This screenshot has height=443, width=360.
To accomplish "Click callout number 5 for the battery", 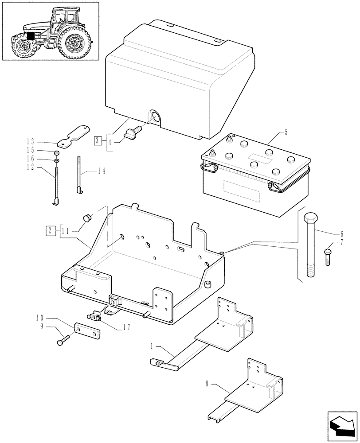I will pos(286,132).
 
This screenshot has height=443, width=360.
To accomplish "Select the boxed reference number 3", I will pos(98,141).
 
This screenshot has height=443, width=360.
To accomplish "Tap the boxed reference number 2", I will pos(51,230).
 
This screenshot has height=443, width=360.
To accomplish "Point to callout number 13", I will pos(30,141).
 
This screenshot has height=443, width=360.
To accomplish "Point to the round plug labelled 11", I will pos(87,218).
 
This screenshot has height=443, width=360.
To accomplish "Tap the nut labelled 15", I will pos(58,152).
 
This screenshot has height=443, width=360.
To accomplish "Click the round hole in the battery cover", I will pos(155,117).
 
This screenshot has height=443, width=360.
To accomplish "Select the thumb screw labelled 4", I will pos(133,132).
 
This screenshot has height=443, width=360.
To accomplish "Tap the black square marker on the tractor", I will pos(30,36).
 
